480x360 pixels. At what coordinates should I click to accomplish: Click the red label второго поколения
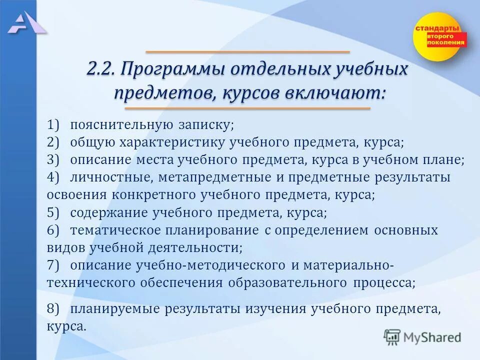pyautogui.click(x=446, y=40)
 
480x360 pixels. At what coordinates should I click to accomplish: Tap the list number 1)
pyautogui.click(x=53, y=123)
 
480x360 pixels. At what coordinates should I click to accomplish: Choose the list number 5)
pyautogui.click(x=53, y=212)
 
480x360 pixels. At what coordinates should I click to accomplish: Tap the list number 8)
pyautogui.click(x=53, y=308)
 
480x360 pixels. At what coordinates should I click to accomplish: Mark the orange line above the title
pyautogui.click(x=247, y=52)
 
